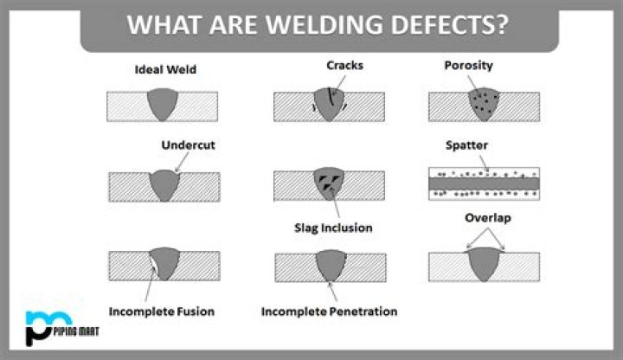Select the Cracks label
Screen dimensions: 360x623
(344, 66)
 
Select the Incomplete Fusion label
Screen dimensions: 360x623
(162, 311)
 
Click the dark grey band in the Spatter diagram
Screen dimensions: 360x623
(484, 183)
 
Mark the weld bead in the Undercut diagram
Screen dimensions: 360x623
(164, 185)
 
